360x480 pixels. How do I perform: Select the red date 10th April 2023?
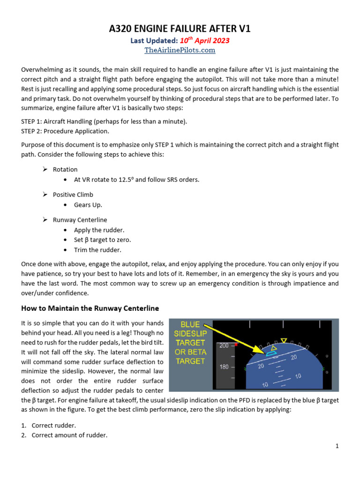[x=204, y=41]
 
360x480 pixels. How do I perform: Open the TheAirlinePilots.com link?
[x=180, y=50]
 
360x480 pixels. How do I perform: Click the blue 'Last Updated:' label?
[x=154, y=41]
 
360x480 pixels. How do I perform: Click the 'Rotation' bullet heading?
[x=65, y=169]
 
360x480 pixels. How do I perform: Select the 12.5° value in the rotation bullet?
[x=127, y=180]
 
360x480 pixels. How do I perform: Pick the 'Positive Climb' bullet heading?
[x=73, y=195]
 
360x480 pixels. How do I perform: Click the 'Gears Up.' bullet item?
[x=88, y=205]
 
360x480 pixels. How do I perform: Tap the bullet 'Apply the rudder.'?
[x=99, y=230]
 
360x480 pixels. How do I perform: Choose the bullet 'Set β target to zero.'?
[x=102, y=240]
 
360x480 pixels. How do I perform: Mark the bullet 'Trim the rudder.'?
[x=97, y=250]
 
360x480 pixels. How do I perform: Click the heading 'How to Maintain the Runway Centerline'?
[x=90, y=308]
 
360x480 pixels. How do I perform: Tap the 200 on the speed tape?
[x=224, y=346]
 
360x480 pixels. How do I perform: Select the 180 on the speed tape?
[x=224, y=367]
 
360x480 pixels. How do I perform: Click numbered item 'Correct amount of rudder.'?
[x=69, y=435]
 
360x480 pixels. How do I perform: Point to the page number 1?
[x=337, y=446]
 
